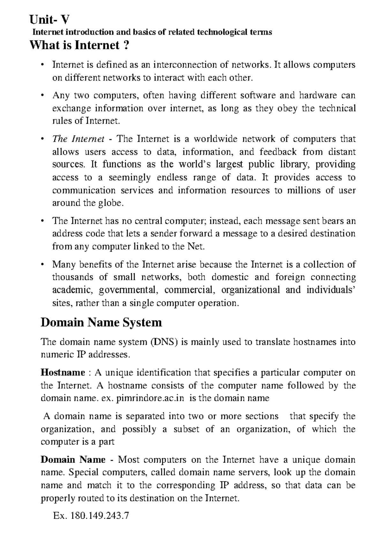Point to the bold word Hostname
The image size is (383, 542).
click(63, 373)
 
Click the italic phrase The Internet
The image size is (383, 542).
click(78, 139)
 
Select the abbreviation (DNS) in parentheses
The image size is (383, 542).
click(163, 342)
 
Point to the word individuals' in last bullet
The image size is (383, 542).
click(331, 290)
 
